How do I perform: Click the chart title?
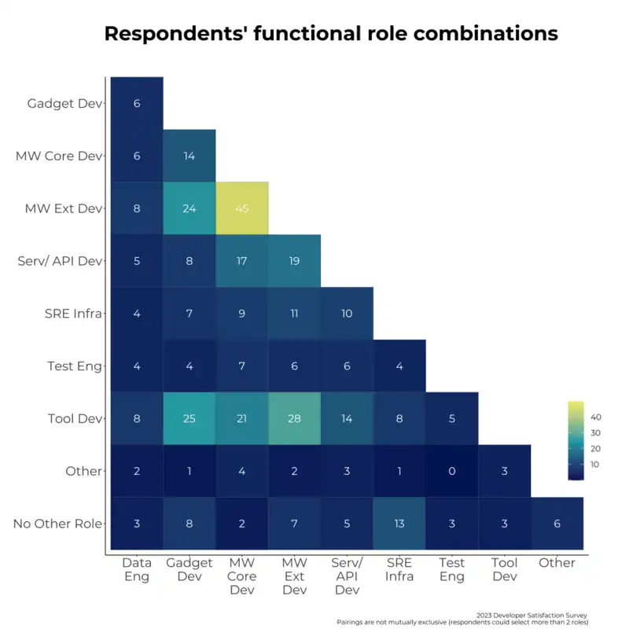[x=331, y=34]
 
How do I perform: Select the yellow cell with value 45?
[x=242, y=208]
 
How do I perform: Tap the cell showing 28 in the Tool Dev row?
[x=294, y=418]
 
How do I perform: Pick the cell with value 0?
[x=452, y=471]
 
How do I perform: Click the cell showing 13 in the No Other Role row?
[x=399, y=524]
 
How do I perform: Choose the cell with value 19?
[x=294, y=261]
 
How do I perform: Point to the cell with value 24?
[x=189, y=208]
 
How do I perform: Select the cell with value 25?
[x=189, y=418]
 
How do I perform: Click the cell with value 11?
[x=294, y=314]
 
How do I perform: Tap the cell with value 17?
[x=242, y=261]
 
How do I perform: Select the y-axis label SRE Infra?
[x=70, y=314]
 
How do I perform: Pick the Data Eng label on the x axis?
[x=137, y=569]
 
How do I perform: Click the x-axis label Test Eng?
[x=452, y=569]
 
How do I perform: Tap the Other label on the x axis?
[x=557, y=563]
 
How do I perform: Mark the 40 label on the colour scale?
[x=596, y=417]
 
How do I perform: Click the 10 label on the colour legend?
[x=596, y=465]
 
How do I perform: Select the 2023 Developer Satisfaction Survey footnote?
[x=532, y=615]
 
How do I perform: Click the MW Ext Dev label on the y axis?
[x=64, y=208]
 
